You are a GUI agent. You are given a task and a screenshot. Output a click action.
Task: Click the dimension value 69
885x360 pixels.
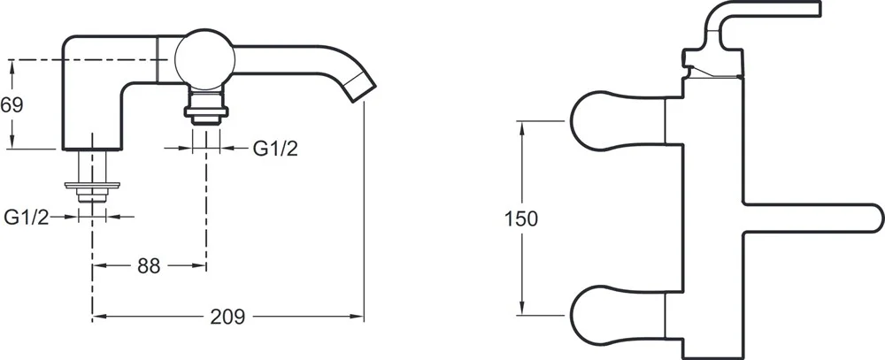coord(12,105)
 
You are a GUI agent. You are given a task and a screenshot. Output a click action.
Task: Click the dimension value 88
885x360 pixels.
coord(149,265)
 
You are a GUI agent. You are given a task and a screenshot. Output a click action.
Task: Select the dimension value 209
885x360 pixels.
coord(228,318)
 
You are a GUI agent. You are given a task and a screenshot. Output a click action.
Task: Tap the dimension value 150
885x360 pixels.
coord(521,218)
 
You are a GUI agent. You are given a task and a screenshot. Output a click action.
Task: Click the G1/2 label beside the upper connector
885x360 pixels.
coord(275,149)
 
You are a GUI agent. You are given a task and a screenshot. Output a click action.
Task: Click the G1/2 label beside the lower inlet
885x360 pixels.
coord(27,217)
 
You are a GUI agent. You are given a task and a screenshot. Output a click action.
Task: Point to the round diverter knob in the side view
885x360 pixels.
coord(204,59)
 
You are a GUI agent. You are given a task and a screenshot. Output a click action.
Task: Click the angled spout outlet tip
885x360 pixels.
coord(361,89)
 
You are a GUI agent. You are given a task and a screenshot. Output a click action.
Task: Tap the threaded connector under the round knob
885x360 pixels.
coord(206,107)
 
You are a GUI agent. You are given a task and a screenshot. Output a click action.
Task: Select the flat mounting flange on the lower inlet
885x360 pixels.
coord(93,185)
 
